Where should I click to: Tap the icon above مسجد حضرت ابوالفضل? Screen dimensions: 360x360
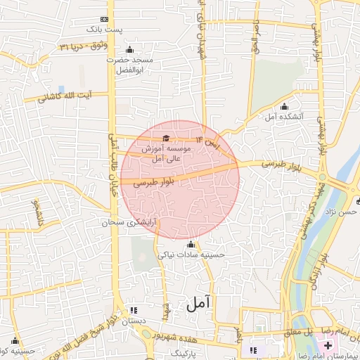[129, 50]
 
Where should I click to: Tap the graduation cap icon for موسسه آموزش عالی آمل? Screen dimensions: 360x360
[166, 138]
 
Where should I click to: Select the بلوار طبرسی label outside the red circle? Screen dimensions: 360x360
[264, 163]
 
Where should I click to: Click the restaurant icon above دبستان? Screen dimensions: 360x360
[134, 309]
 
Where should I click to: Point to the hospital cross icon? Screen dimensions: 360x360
[328, 346]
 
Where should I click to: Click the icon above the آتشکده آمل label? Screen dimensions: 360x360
[284, 106]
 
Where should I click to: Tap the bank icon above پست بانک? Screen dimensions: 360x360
[104, 19]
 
